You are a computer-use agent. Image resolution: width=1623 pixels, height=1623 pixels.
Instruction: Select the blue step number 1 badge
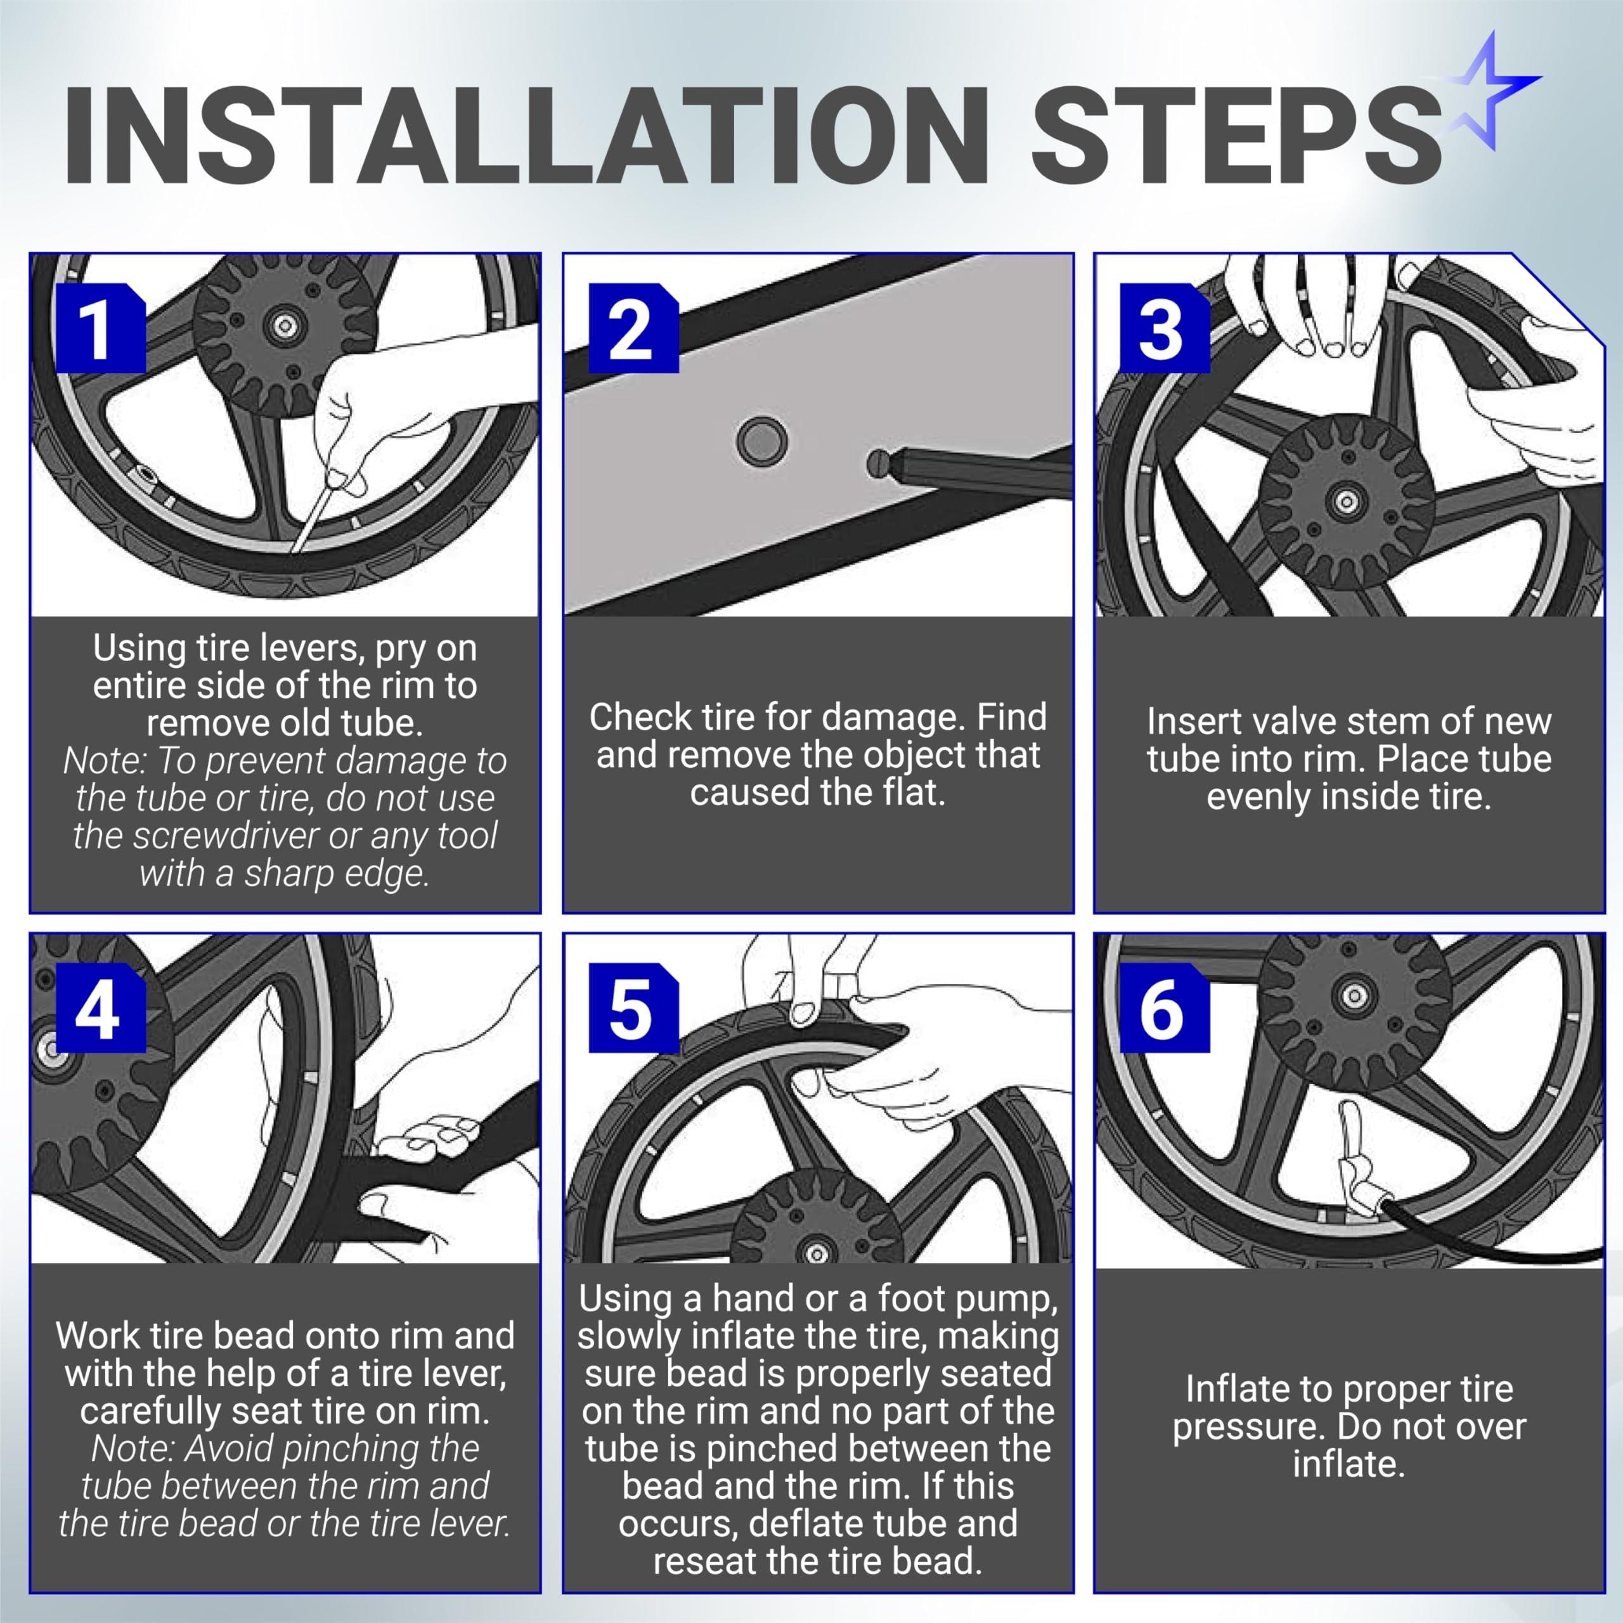(x=101, y=328)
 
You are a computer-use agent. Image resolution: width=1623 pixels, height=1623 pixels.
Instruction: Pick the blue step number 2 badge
(x=633, y=328)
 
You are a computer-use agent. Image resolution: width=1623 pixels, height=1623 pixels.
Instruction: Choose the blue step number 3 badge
(x=1165, y=328)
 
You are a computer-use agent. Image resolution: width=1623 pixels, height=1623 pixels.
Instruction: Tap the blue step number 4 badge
(x=101, y=1007)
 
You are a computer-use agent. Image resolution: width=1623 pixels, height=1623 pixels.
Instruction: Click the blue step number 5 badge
(x=633, y=1007)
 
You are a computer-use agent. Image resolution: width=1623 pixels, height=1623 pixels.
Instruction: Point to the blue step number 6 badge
(x=1165, y=1007)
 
